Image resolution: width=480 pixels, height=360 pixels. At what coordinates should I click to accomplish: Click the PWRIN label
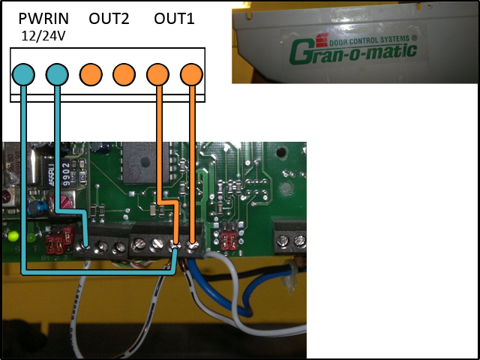click(43, 19)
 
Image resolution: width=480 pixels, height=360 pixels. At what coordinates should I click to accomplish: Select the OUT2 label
click(109, 19)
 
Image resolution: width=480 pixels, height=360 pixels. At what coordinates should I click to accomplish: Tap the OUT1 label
click(174, 19)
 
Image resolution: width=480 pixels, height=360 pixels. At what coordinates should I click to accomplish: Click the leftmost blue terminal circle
click(23, 74)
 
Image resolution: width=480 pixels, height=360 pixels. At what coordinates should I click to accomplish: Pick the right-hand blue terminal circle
click(57, 74)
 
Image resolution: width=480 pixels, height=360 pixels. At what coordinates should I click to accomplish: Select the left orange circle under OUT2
click(91, 74)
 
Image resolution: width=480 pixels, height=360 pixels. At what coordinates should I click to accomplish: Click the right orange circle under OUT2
click(124, 74)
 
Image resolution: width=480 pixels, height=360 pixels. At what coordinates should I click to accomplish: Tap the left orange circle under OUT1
click(157, 74)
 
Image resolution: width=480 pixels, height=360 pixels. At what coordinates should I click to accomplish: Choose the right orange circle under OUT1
click(191, 74)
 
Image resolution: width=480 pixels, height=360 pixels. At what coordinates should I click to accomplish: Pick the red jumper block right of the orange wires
click(230, 241)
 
